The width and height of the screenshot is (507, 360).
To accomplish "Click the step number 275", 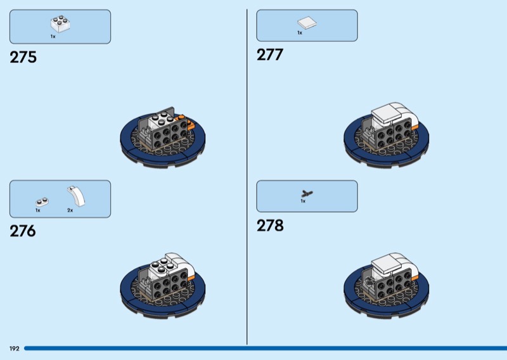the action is (x=23, y=57).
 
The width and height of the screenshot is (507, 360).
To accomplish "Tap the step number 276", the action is (x=23, y=231).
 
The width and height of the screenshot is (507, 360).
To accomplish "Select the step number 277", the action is (x=270, y=55).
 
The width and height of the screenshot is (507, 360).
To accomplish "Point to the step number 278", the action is (x=270, y=226).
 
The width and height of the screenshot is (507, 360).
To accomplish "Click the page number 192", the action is (x=14, y=349).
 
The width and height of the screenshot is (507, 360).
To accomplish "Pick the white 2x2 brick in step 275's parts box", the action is (x=60, y=23).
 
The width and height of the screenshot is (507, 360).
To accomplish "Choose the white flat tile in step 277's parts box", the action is (x=307, y=23).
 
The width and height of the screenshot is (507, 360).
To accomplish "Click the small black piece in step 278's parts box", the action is (x=307, y=194).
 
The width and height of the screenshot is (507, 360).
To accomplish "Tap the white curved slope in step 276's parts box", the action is (x=76, y=196).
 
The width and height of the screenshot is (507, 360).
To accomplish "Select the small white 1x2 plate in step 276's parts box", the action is (x=42, y=202).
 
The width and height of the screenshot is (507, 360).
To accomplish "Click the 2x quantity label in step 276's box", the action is (x=70, y=210).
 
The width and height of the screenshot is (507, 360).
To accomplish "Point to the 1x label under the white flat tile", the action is (x=300, y=33).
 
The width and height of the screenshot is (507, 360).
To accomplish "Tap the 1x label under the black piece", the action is (x=303, y=201).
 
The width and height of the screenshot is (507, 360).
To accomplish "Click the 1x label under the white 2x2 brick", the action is (x=53, y=37).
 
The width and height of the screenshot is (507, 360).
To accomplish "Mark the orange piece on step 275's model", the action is (x=187, y=122).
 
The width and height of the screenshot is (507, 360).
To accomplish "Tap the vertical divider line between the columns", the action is (x=247, y=177).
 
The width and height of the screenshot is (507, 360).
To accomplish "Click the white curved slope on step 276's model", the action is (x=181, y=264).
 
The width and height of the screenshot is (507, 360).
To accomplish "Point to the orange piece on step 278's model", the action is (x=414, y=277).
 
